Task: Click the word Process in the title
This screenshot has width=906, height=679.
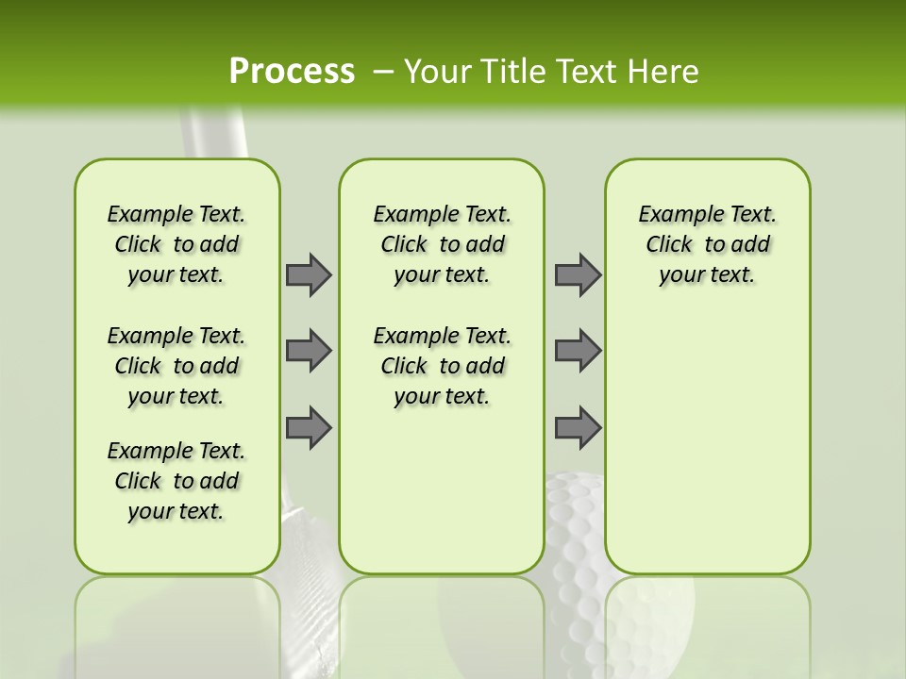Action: tap(292, 72)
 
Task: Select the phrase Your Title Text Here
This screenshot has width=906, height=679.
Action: tap(551, 72)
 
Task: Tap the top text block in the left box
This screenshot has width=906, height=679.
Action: tap(176, 244)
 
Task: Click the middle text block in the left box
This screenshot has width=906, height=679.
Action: tap(176, 366)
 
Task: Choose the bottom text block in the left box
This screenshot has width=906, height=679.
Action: tap(176, 481)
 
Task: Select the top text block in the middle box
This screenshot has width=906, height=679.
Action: tap(442, 244)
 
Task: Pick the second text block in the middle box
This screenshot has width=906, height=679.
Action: tap(442, 366)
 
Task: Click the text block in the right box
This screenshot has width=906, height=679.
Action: tap(707, 244)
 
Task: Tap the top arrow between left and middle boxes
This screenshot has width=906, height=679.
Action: tap(308, 274)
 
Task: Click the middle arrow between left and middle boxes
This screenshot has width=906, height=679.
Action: tap(308, 351)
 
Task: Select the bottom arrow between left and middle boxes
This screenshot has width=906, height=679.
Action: tap(308, 428)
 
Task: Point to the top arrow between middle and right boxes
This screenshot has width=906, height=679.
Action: tap(578, 274)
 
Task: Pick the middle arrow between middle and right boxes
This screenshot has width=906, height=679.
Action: tap(578, 351)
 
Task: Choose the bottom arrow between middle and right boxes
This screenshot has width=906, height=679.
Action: tap(578, 428)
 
